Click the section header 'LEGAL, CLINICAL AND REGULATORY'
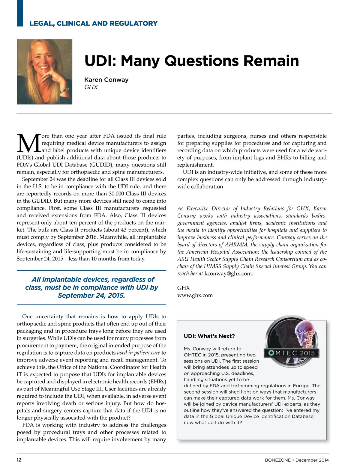click(x=93, y=23)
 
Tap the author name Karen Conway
click(x=106, y=80)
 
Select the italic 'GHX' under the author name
click(x=91, y=87)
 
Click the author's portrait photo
click(x=45, y=71)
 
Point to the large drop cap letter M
click(x=29, y=143)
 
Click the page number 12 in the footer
click(x=19, y=460)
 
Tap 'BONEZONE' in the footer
click(x=277, y=460)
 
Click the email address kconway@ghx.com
click(x=228, y=274)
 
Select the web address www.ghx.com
click(x=195, y=295)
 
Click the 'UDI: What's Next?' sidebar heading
click(x=209, y=336)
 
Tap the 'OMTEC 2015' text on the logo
click(x=292, y=353)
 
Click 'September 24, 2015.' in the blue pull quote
click(x=91, y=296)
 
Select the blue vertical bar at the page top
click(x=20, y=13)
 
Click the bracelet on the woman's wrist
click(x=64, y=90)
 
